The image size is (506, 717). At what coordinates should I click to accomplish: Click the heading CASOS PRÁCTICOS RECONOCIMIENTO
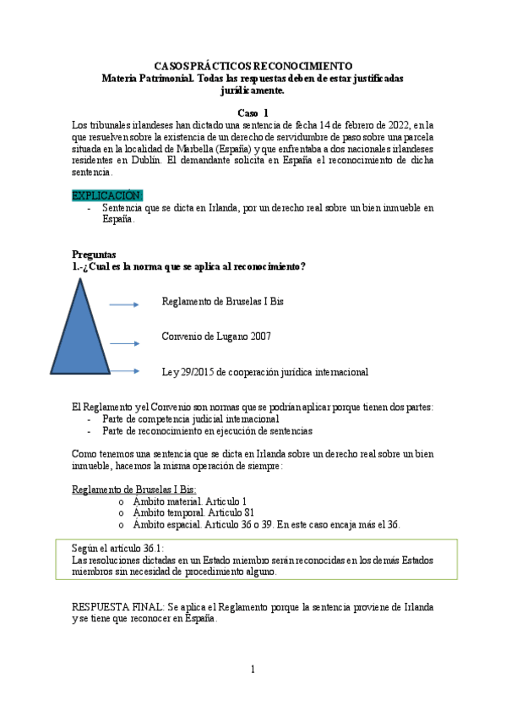coord(253,65)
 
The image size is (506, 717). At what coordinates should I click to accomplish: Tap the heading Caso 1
coord(253,112)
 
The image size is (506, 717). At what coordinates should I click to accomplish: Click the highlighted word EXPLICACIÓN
coord(107,195)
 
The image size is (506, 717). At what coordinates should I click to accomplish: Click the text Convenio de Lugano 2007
coord(216,337)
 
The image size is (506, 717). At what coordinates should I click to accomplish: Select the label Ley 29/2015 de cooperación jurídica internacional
coord(264,371)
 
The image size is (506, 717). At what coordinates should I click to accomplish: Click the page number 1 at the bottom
coord(252,670)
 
